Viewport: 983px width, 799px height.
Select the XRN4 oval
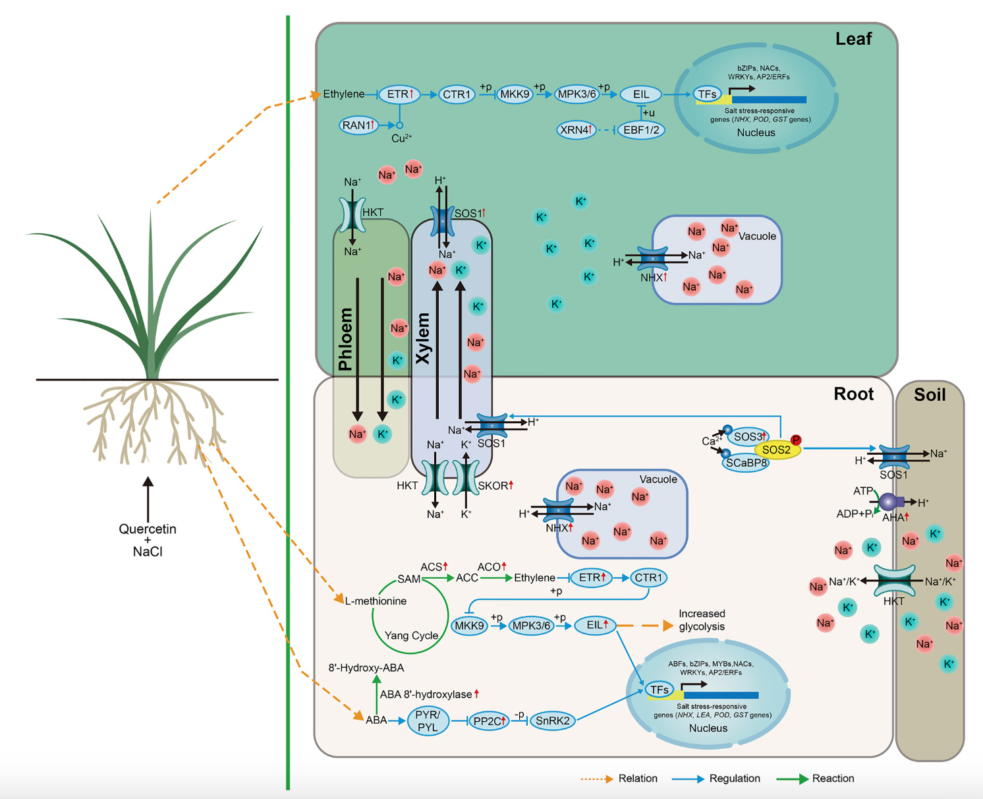pos(576,130)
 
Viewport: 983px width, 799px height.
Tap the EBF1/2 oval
pos(640,130)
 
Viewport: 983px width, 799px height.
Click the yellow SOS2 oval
pos(776,450)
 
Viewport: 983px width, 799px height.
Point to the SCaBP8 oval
pos(746,463)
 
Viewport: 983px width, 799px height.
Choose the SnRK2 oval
pos(552,721)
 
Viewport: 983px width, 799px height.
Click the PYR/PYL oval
pos(428,721)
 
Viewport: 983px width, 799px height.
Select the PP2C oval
pos(489,721)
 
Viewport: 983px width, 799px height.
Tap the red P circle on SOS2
pos(796,440)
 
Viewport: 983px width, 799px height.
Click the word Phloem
pos(346,339)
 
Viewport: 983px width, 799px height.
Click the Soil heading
pos(930,395)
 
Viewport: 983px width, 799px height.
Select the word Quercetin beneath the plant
pos(148,529)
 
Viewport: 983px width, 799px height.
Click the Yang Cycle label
pos(411,636)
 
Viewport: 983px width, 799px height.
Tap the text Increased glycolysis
pos(702,620)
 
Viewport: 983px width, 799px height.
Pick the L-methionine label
pos(376,601)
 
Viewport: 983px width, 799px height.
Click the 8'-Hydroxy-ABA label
pos(366,668)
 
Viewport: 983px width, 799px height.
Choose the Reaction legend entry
pos(833,779)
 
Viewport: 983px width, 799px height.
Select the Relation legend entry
pos(638,779)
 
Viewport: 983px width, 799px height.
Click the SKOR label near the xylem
pos(494,486)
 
